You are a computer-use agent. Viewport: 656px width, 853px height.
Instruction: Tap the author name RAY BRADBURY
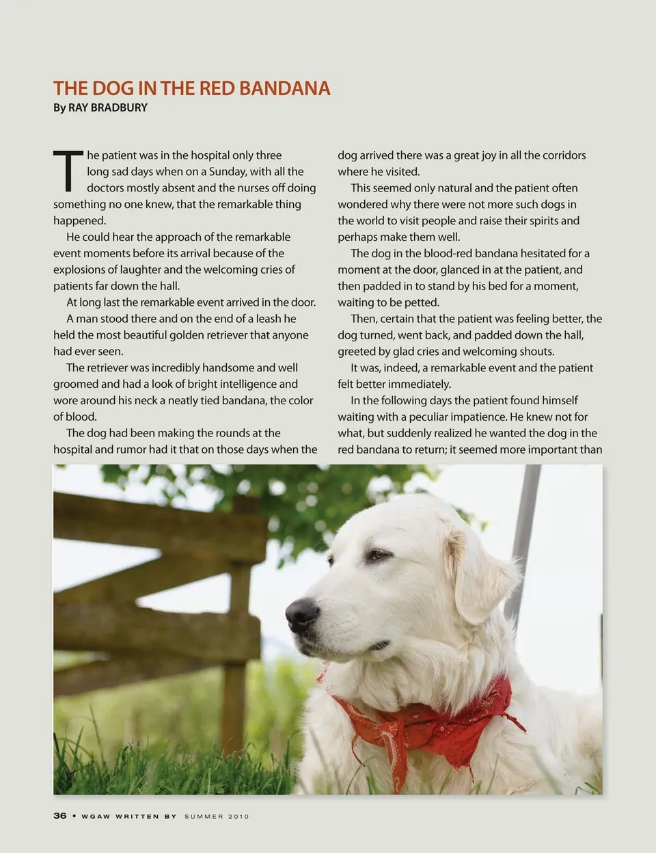[x=107, y=107]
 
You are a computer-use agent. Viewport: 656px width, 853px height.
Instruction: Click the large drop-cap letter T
[x=68, y=171]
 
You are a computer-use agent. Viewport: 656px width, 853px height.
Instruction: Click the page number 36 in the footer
[x=60, y=815]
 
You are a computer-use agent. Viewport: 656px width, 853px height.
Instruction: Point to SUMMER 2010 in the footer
[x=217, y=816]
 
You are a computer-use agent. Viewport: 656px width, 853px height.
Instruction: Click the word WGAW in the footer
[x=96, y=816]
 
